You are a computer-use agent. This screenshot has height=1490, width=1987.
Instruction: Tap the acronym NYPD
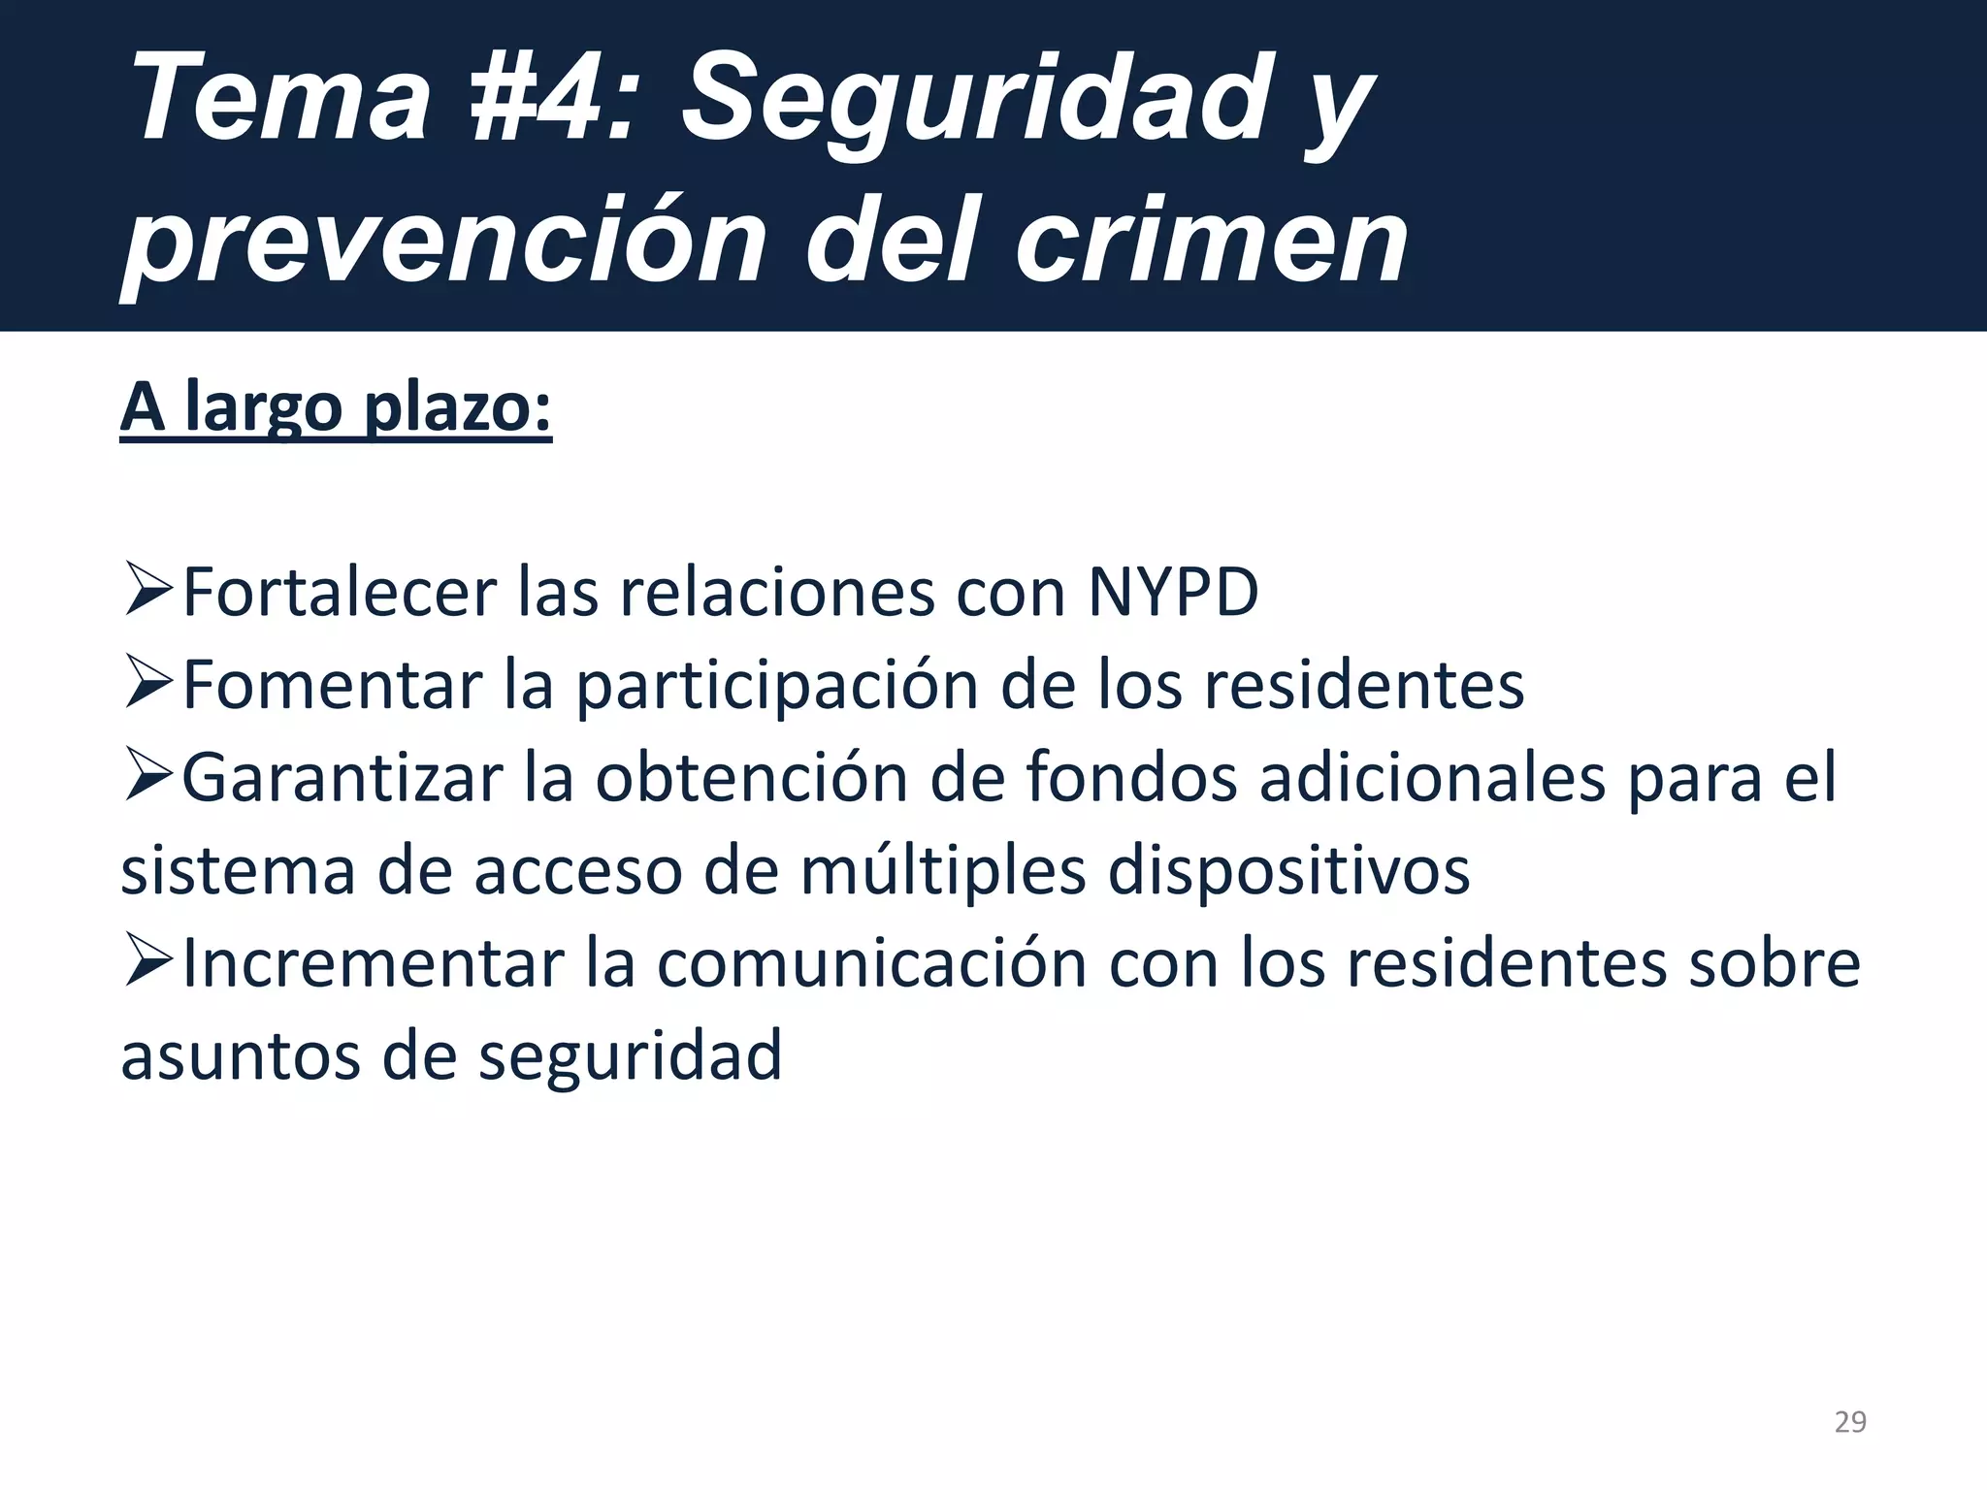tap(1173, 592)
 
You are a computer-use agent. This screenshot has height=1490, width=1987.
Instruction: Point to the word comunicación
tap(872, 964)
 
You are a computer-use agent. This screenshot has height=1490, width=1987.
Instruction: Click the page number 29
tap(1850, 1422)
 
